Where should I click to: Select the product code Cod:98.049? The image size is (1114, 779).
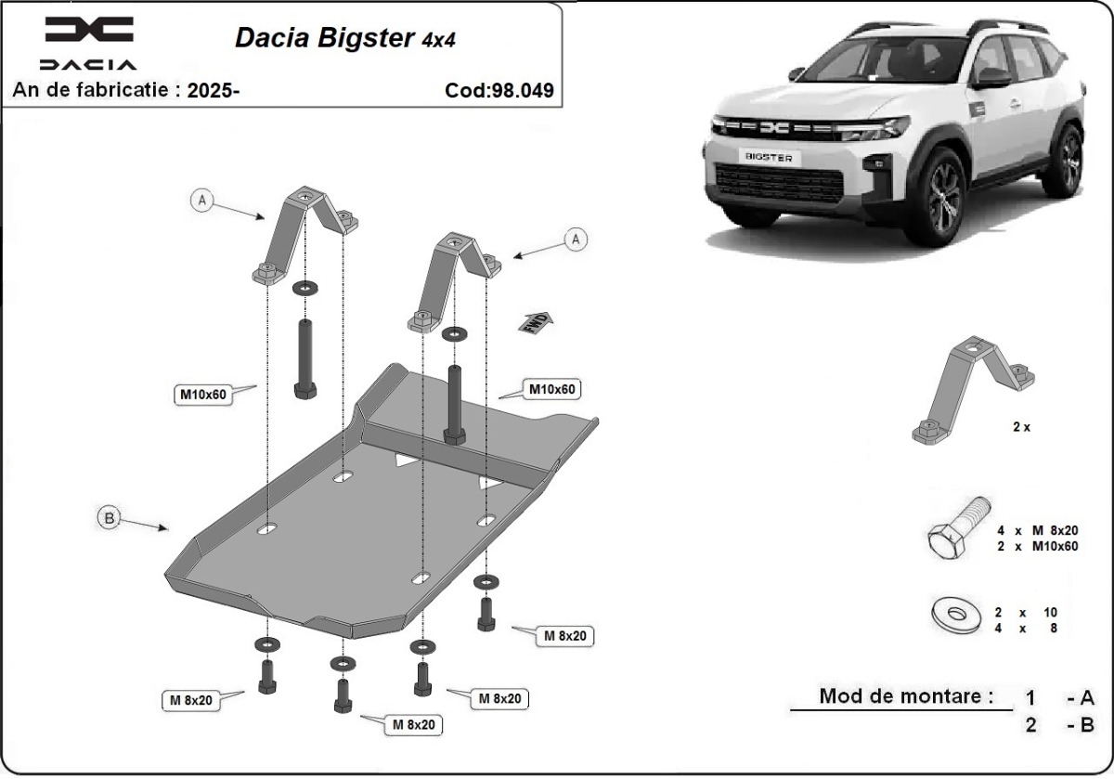pos(499,90)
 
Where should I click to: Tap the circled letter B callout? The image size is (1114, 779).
pos(110,519)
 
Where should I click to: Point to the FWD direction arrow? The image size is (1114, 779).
pos(537,322)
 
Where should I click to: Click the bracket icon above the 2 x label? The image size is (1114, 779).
pos(974,390)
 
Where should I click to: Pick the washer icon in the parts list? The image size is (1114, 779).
pos(952,614)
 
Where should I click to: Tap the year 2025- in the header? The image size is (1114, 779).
pos(213,90)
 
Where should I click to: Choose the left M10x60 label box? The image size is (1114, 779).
pos(202,394)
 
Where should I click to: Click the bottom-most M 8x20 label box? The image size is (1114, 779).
pos(412,724)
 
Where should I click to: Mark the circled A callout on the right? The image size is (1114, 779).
pos(576,240)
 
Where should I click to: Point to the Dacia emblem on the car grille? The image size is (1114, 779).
pos(772,128)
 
